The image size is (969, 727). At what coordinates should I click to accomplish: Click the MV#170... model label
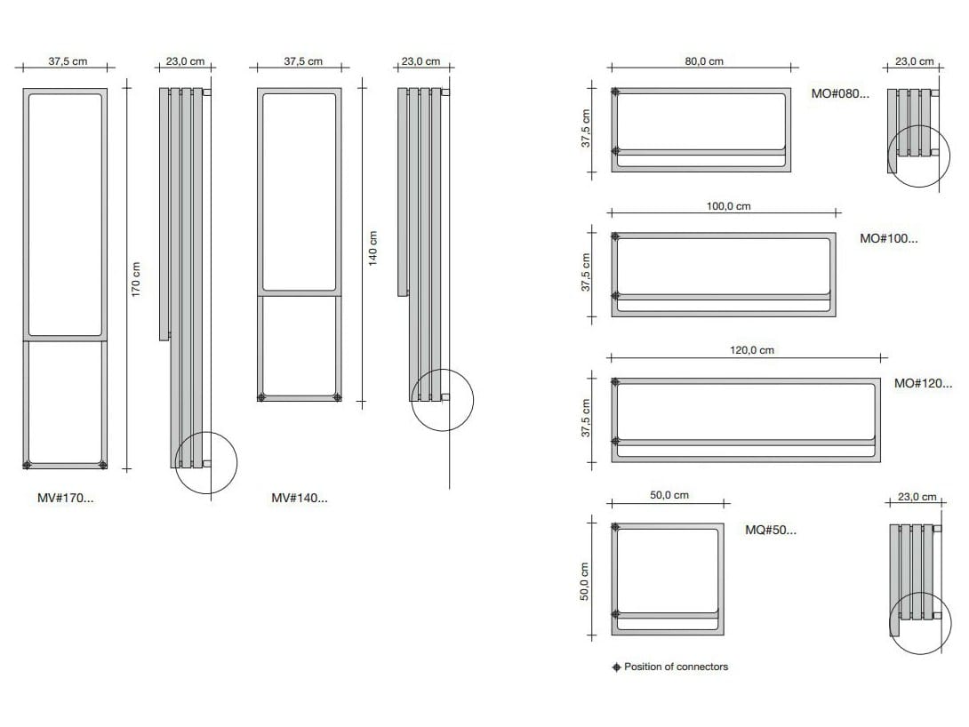65,499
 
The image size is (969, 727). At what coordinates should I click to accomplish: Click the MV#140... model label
299,499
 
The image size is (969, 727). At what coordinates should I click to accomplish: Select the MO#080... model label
840,93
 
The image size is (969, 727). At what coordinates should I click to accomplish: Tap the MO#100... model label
888,238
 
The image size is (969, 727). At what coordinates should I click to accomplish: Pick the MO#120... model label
923,383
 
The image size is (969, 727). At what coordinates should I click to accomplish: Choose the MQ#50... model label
771,530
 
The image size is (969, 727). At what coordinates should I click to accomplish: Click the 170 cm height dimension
136,279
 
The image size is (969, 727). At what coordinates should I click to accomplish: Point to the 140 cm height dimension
372,247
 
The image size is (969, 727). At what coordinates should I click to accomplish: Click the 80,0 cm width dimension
703,61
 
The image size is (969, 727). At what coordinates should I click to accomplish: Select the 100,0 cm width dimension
729,206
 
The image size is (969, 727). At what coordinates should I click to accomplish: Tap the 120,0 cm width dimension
752,350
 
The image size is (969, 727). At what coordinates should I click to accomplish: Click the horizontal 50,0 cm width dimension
669,495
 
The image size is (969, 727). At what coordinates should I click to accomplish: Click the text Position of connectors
676,667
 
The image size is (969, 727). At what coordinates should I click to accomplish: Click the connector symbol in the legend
616,667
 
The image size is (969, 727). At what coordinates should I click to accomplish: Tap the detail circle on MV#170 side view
206,462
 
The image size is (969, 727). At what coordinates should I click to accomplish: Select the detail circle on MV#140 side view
443,399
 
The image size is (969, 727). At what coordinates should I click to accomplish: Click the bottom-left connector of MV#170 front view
28,464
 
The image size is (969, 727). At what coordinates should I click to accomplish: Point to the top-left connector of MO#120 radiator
616,383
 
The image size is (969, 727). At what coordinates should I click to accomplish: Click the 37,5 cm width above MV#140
303,61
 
